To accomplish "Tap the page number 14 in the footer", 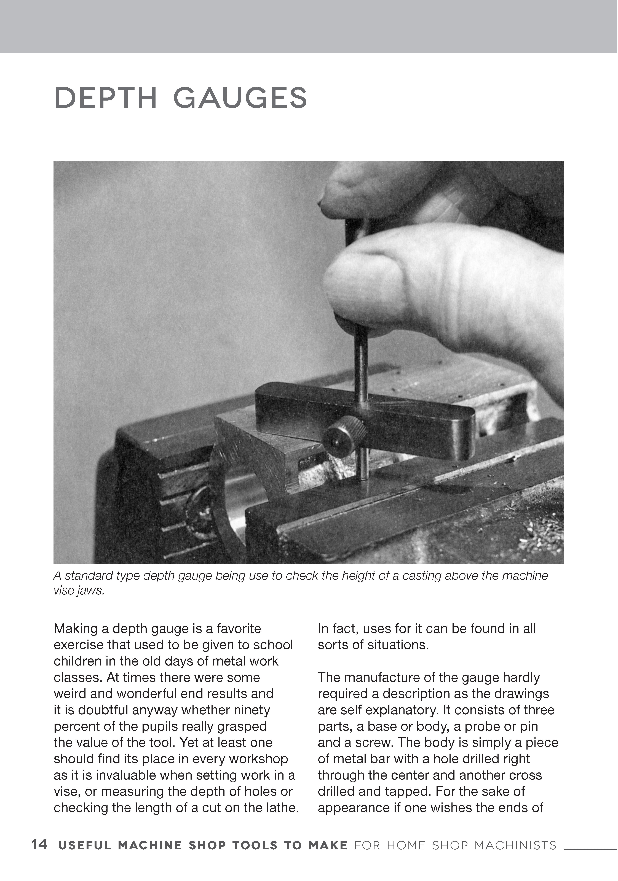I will [39, 844].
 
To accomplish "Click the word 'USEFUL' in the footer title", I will [84, 845].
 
